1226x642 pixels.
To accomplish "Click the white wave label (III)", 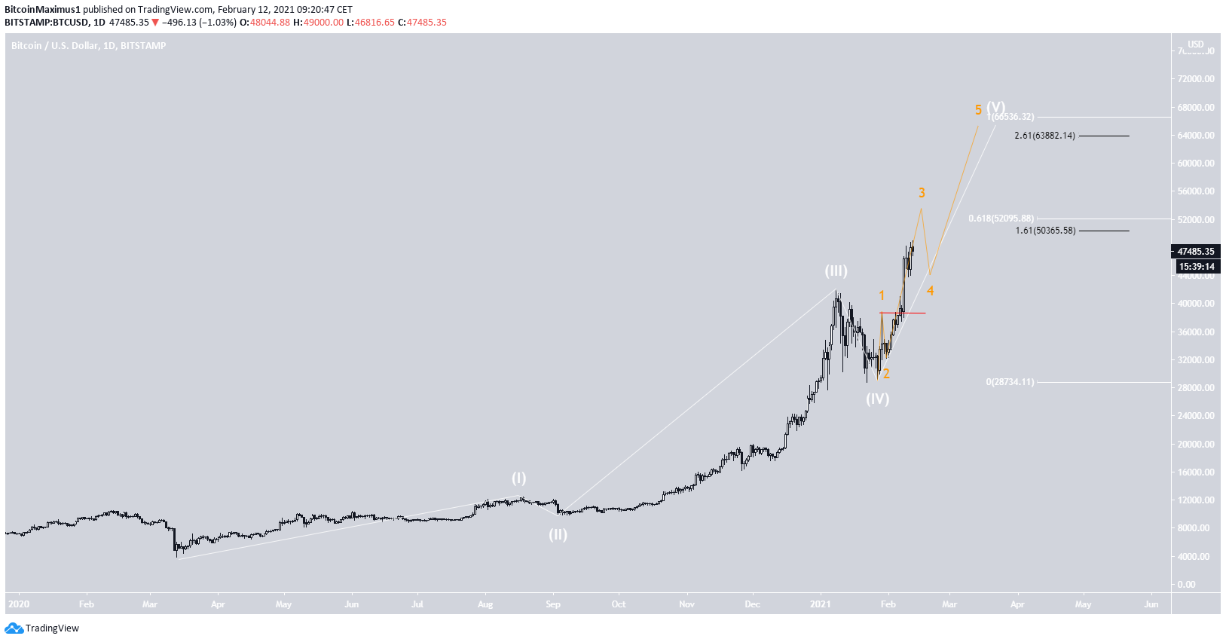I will [x=835, y=271].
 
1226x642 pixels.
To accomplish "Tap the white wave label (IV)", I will [x=877, y=399].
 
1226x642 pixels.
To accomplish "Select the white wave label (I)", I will [x=518, y=478].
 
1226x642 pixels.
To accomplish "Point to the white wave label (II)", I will [x=558, y=535].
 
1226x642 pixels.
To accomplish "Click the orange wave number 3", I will [x=922, y=194].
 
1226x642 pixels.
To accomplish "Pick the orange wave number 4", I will [x=931, y=291].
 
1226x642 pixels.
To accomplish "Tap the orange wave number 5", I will [x=978, y=110].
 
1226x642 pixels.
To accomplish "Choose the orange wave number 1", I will [x=882, y=296].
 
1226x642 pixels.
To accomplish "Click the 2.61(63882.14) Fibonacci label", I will [x=1044, y=136].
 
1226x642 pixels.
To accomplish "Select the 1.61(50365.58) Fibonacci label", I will [x=1045, y=231].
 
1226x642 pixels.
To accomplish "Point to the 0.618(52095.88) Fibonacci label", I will [x=1001, y=219].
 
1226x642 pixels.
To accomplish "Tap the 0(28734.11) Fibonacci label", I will [x=1010, y=382].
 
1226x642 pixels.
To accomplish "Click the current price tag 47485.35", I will [x=1196, y=252].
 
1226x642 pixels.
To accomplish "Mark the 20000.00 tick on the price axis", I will [x=1196, y=445].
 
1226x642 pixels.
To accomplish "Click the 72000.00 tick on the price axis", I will [x=1196, y=79].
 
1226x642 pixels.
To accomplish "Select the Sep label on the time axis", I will [x=553, y=604].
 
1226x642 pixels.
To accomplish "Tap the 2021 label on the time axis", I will [x=821, y=604].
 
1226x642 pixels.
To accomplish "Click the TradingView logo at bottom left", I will [x=42, y=628].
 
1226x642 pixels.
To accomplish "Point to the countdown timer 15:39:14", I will [x=1197, y=267].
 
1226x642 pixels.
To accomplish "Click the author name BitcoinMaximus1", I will [x=42, y=10].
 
